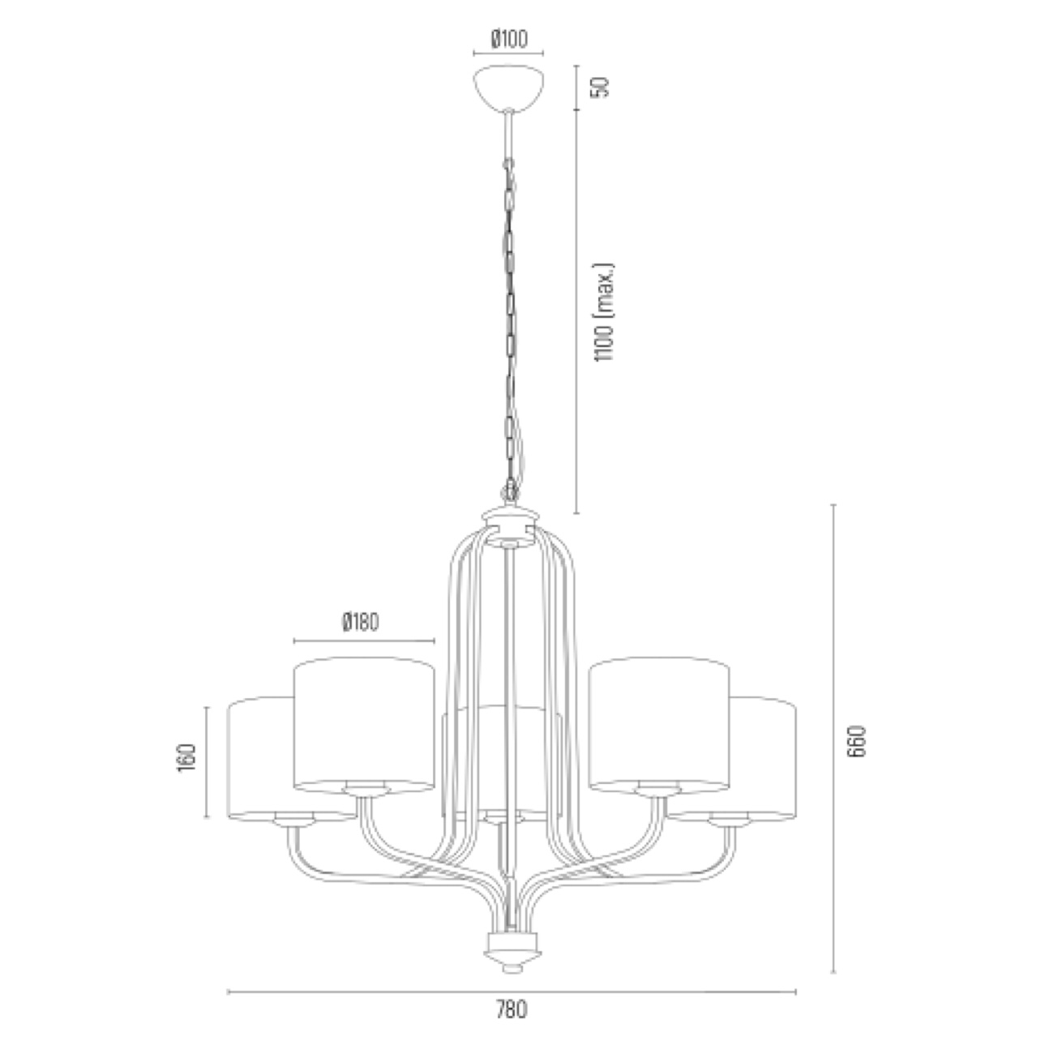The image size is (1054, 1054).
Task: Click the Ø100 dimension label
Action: click(509, 38)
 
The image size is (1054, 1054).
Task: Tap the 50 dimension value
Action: click(601, 86)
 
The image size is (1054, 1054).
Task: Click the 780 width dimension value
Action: click(511, 1009)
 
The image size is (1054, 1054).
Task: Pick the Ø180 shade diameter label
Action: click(361, 622)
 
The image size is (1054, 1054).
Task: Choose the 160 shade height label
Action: click(187, 758)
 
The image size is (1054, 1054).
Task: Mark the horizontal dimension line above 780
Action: click(511, 991)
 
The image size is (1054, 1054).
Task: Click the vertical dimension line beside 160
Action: click(208, 762)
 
